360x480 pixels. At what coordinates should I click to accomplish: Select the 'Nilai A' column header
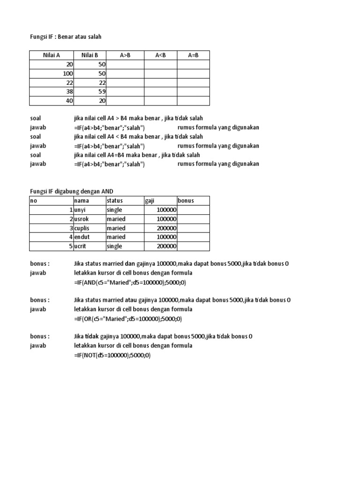click(x=52, y=55)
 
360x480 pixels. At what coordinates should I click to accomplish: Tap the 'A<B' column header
click(x=160, y=55)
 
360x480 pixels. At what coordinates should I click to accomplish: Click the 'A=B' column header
click(x=193, y=55)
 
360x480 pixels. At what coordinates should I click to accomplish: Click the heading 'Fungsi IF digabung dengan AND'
click(x=72, y=191)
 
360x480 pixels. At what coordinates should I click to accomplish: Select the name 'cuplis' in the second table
click(x=83, y=228)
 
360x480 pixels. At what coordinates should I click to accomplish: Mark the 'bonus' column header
click(x=186, y=201)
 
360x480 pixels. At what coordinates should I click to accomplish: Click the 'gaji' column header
click(x=150, y=201)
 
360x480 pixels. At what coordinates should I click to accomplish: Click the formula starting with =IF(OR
click(x=127, y=319)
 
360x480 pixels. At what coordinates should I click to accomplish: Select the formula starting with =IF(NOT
click(x=112, y=355)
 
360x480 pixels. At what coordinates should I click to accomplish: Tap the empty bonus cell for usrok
click(x=193, y=219)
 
